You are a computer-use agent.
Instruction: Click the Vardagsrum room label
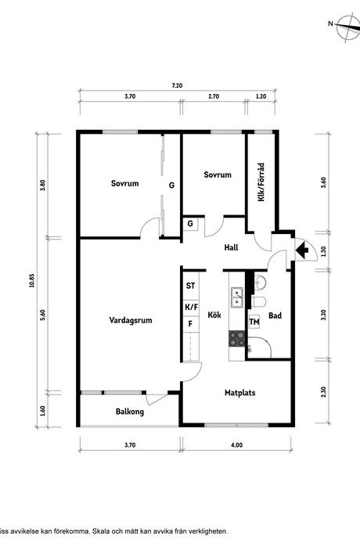[x=131, y=320]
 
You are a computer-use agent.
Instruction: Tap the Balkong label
[x=130, y=412]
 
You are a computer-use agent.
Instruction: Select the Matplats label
[x=239, y=393]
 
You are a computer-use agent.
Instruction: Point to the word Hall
[x=231, y=247]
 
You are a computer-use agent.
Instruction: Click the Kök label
[x=214, y=315]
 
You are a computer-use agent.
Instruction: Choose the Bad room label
[x=275, y=315]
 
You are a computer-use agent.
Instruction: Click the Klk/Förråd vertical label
[x=261, y=182]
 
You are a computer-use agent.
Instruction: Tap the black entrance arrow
[x=303, y=250]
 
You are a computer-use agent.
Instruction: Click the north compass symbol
[x=347, y=28]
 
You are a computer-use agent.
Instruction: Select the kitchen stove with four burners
[x=237, y=338]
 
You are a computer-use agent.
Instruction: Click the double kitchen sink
[x=237, y=297]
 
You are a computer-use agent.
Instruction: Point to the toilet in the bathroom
[x=259, y=302]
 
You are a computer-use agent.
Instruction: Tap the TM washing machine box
[x=254, y=322]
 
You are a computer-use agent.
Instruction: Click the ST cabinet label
[x=190, y=286]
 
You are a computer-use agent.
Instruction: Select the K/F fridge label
[x=192, y=307]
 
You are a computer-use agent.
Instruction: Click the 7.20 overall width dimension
[x=177, y=86]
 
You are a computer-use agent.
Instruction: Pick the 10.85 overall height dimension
[x=32, y=280]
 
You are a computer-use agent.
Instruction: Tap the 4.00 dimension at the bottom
[x=236, y=445]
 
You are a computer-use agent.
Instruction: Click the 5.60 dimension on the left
[x=43, y=315]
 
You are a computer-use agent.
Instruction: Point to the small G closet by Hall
[x=190, y=224]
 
